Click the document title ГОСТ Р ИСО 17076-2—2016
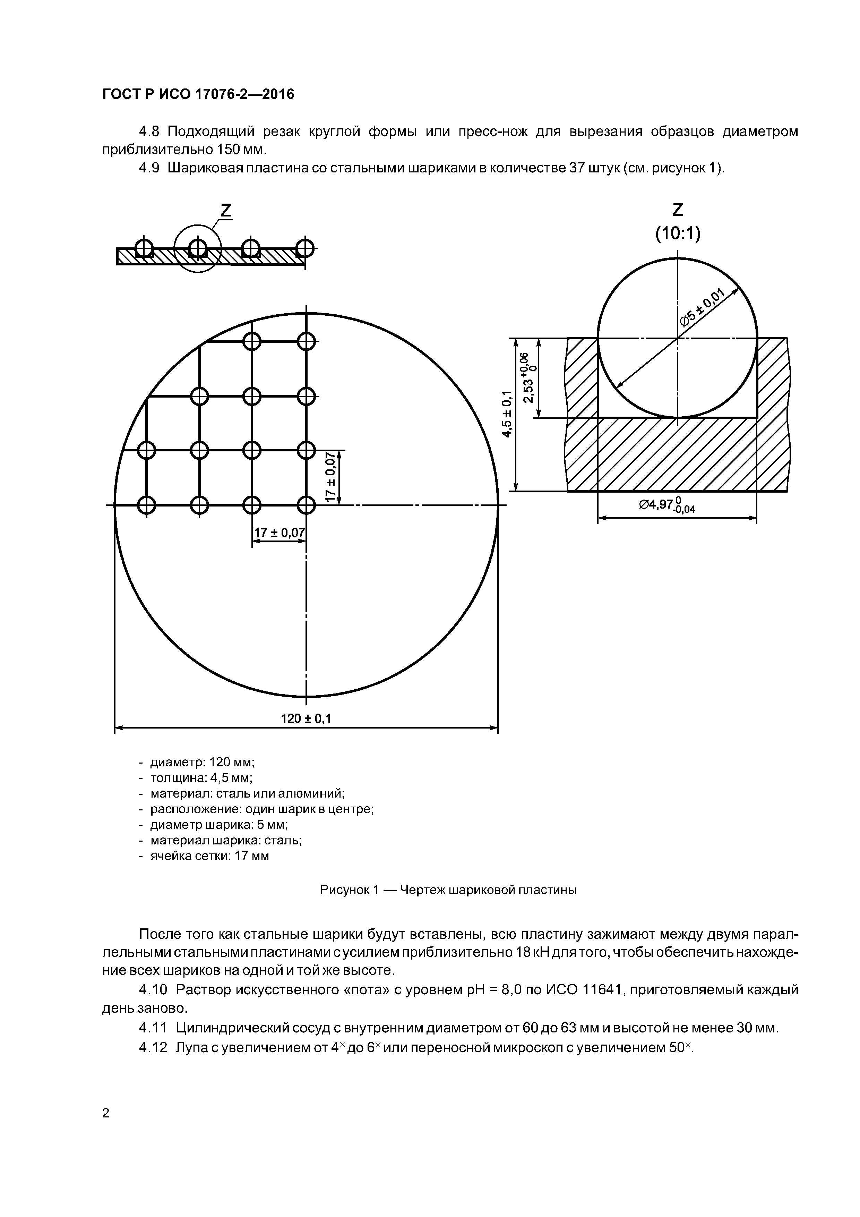(198, 94)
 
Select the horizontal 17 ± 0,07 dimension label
(279, 533)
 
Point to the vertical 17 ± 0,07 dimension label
(330, 477)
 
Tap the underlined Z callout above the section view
(226, 211)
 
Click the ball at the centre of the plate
(306, 505)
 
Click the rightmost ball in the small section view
(305, 247)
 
